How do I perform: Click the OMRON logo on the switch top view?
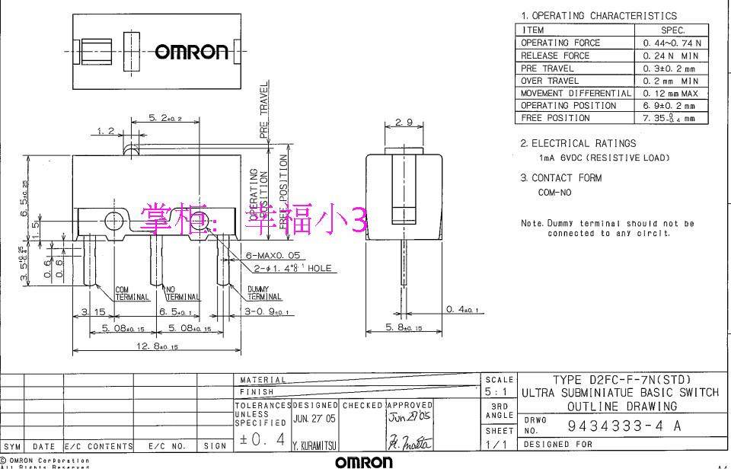191,52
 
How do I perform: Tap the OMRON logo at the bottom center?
364,463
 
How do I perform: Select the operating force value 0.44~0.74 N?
672,43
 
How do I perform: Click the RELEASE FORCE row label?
555,56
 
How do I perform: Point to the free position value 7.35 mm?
669,118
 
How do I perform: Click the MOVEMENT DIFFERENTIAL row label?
576,93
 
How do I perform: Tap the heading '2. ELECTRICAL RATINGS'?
578,143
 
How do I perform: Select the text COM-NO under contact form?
554,193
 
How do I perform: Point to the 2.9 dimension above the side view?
404,123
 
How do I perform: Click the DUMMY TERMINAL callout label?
263,294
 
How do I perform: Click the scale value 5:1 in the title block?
500,391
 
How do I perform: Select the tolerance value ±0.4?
260,439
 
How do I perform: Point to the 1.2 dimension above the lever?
106,131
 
